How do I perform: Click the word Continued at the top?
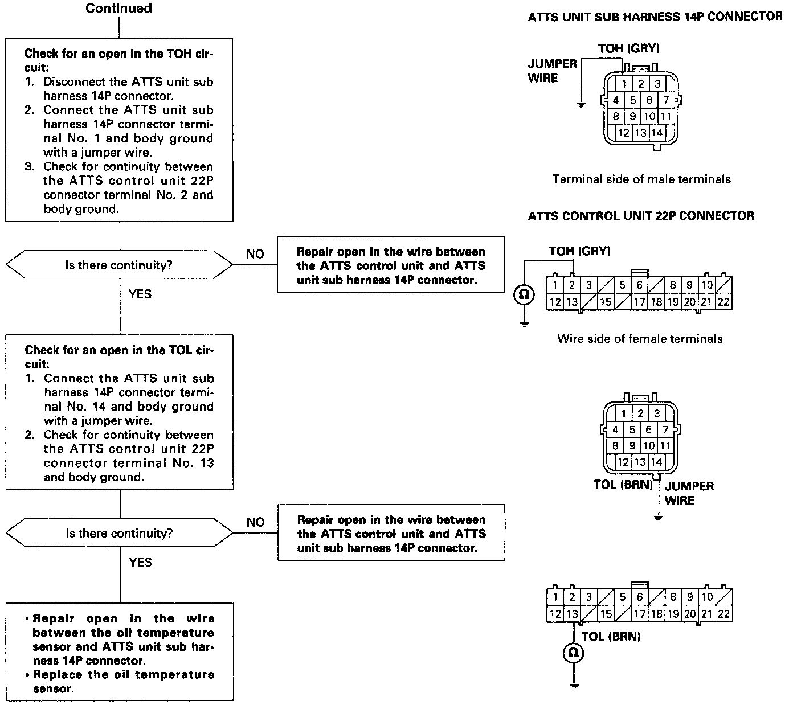118,9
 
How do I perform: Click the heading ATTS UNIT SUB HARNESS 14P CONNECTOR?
655,17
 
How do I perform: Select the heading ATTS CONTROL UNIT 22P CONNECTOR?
641,216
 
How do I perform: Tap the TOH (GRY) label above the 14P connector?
628,48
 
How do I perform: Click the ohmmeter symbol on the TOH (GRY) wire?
524,294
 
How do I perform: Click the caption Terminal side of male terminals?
641,179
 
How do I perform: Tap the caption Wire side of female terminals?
640,339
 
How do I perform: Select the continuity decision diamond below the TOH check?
119,265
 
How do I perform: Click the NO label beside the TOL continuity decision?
255,522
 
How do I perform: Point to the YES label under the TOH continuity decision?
140,294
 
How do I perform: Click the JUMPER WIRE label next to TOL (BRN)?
689,493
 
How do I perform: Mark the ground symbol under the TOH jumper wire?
581,105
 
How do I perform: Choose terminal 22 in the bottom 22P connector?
723,614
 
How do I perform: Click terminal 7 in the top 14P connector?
665,100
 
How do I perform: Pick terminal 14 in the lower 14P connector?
656,462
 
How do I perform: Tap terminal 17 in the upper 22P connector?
640,302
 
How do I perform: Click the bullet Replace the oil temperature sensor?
123,682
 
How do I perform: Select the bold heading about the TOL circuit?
119,356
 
